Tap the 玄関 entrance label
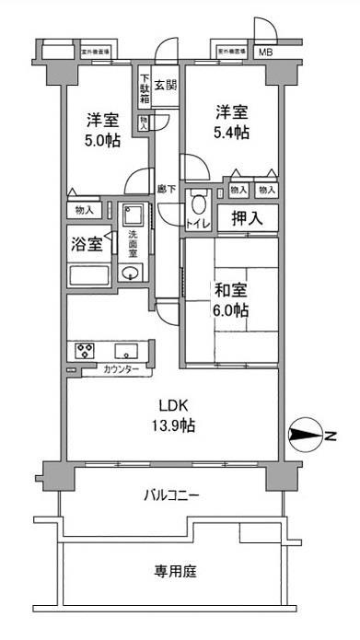pyautogui.click(x=166, y=87)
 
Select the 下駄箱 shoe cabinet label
pyautogui.click(x=145, y=88)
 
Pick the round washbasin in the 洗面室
pyautogui.click(x=131, y=273)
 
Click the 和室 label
pyautogui.click(x=230, y=290)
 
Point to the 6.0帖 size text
pyautogui.click(x=230, y=310)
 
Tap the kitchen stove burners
pyautogui.click(x=85, y=350)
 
